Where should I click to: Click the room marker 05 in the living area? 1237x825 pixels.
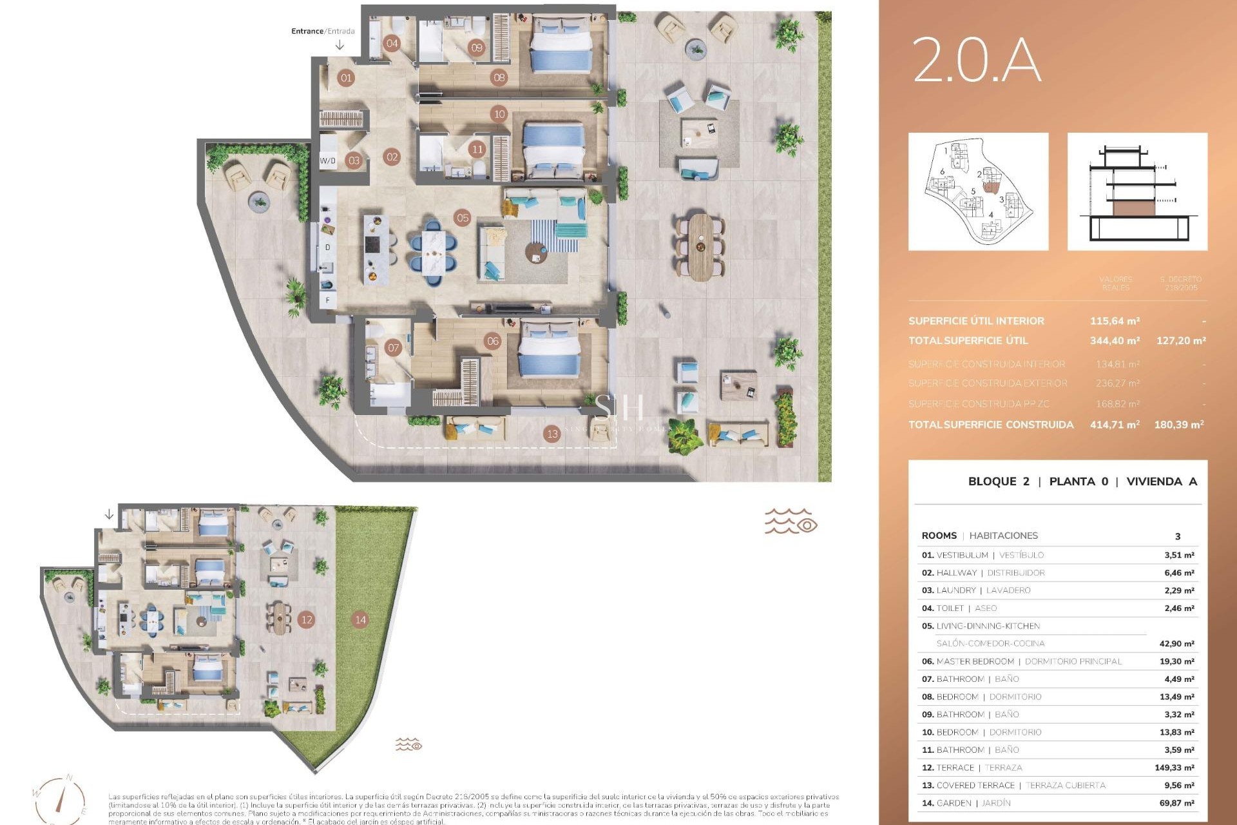[463, 218]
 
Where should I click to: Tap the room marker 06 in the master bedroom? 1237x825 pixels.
[493, 341]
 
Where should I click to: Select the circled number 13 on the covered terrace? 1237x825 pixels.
[552, 434]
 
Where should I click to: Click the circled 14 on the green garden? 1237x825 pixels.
[360, 619]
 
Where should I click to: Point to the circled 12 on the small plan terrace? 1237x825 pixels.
[307, 619]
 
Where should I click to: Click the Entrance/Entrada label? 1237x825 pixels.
[323, 31]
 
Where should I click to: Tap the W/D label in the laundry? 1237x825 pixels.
[327, 160]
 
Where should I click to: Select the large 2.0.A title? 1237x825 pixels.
[976, 60]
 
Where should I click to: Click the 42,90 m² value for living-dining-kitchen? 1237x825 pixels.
[1176, 644]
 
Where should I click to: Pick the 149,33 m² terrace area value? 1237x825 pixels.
[1174, 768]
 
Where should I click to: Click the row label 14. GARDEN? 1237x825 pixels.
[966, 803]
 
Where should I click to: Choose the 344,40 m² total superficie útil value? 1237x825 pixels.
[1115, 340]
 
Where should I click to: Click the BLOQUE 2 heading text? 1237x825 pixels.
[999, 481]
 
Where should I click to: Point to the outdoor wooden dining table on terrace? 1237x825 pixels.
[700, 247]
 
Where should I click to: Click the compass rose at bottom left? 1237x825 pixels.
[59, 800]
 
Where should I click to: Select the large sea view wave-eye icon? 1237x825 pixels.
[791, 521]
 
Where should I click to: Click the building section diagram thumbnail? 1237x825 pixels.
[1137, 192]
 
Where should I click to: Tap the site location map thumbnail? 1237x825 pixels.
[978, 192]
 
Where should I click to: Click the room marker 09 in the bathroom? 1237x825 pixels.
[477, 47]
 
